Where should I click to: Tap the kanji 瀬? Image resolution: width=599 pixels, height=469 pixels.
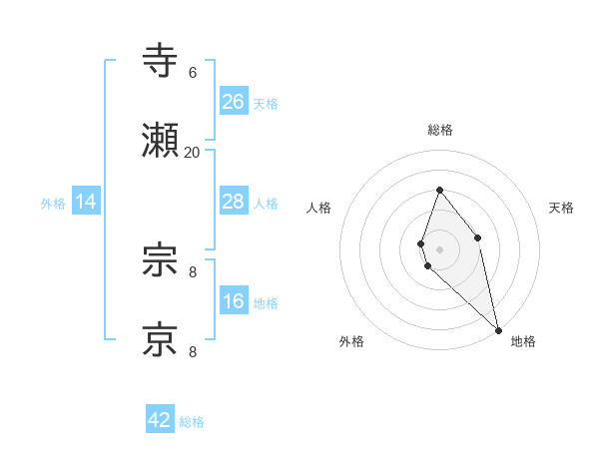[162, 143]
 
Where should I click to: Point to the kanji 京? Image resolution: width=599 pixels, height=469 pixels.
[162, 340]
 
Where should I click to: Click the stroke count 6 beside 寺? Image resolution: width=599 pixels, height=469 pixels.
[193, 73]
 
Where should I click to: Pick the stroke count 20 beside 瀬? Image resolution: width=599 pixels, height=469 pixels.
[193, 153]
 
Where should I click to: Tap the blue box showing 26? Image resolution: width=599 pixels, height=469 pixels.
[234, 102]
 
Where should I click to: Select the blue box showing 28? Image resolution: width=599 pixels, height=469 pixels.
[234, 202]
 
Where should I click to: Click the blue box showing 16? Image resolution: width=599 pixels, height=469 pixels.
[234, 301]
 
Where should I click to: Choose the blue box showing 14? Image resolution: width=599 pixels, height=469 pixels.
[86, 202]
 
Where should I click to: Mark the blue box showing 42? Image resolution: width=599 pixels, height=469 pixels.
[160, 420]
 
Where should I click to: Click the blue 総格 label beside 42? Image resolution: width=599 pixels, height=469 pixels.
[192, 422]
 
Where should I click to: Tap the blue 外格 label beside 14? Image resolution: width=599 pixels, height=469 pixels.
[53, 204]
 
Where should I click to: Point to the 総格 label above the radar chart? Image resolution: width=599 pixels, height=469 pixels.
[440, 130]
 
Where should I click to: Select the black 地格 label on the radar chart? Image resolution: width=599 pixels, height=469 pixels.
[523, 341]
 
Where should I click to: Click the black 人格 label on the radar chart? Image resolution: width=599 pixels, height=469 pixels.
[318, 208]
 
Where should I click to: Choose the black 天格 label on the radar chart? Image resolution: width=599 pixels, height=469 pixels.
[561, 208]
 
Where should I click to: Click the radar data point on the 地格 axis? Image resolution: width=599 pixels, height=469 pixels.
[498, 329]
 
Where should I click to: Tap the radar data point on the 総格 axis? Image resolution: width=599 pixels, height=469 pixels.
[440, 190]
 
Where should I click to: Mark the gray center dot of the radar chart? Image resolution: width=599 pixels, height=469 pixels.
[440, 248]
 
